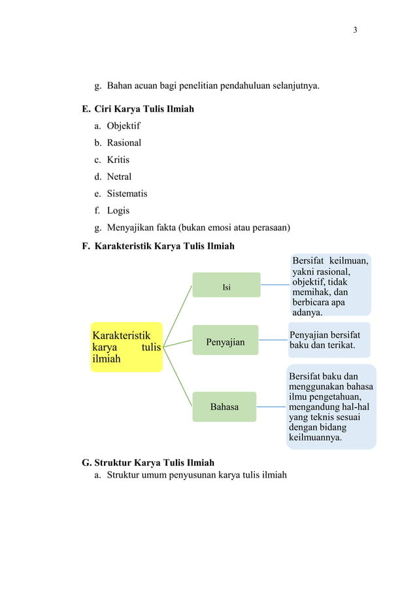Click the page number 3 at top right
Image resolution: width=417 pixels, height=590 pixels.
(x=355, y=30)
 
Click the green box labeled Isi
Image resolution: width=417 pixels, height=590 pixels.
(x=226, y=285)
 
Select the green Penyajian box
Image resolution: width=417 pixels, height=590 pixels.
(x=225, y=341)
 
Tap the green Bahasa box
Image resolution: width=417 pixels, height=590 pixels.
(x=224, y=407)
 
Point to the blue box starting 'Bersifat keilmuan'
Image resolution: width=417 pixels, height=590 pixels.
(x=331, y=286)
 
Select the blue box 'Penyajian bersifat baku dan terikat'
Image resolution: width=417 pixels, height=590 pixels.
(x=329, y=339)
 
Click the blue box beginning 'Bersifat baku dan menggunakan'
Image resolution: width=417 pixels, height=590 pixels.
(x=331, y=407)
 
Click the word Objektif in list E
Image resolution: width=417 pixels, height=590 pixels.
(x=124, y=126)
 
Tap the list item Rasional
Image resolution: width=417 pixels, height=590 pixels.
(x=124, y=143)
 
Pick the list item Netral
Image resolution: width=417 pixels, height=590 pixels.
(x=119, y=177)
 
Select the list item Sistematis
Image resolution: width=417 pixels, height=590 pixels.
(x=127, y=194)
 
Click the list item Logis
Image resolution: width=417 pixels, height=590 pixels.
(x=118, y=211)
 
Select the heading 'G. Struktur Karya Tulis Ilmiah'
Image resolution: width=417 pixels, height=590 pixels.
(x=148, y=462)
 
